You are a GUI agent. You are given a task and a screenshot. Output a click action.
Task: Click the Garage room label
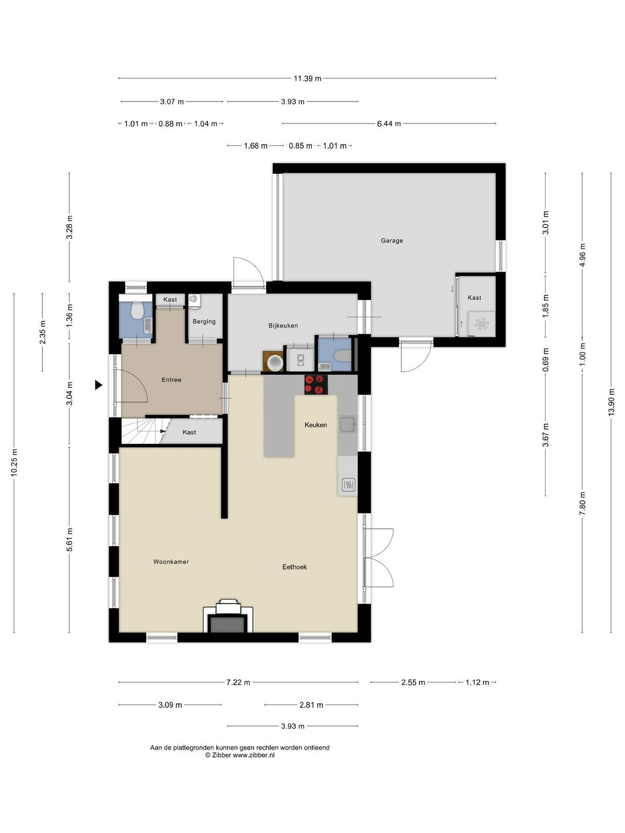coord(392,241)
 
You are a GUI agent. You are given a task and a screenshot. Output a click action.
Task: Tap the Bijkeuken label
coord(283,325)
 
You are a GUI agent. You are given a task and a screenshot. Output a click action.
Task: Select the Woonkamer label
coord(171,562)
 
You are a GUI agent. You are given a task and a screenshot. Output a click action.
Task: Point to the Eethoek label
coord(294,567)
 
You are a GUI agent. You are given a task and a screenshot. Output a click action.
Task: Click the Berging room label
coord(204,322)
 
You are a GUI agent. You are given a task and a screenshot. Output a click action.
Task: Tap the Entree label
coord(171,380)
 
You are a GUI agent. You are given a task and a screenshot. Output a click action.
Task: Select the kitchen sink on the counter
coord(347,424)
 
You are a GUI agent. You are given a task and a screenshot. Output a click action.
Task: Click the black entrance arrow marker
coord(98,385)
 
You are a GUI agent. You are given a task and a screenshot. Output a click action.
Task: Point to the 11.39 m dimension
coord(307,79)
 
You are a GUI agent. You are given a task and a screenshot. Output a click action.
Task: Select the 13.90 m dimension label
coord(611,402)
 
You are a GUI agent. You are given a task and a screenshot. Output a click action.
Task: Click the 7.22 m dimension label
coord(239,683)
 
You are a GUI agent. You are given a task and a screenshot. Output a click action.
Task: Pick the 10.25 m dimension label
coord(14,462)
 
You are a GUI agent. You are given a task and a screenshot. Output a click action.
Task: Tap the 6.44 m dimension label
coord(389,124)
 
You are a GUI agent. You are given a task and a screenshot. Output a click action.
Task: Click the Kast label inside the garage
coord(474,298)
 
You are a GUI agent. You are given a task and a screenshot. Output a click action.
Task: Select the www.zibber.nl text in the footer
coord(254,755)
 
